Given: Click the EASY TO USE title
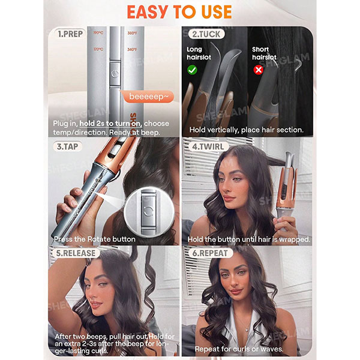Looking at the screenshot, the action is (179, 12).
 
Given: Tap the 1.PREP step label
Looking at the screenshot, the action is (70, 34).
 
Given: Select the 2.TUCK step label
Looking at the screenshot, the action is (206, 34).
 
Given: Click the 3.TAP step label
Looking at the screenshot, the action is (67, 146).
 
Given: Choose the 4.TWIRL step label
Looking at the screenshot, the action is (208, 146).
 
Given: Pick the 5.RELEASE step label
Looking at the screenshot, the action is (76, 253).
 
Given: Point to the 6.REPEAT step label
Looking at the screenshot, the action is (210, 253).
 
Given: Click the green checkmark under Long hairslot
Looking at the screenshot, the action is (192, 70).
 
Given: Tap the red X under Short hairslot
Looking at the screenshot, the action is (258, 70).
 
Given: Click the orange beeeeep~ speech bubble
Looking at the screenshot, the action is (148, 97).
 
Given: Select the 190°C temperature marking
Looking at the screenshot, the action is (98, 33).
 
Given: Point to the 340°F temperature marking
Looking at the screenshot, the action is (132, 49).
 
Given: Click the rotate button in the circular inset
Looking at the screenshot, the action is (148, 211).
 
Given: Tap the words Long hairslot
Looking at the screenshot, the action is (199, 53).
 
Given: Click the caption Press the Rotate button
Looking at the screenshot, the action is (95, 239).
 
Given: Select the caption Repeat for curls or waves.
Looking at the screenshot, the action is (239, 349).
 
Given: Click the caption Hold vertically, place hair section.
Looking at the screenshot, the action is (246, 130).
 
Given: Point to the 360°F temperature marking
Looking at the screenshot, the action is (132, 33).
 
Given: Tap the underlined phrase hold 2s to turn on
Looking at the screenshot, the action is (110, 124).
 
